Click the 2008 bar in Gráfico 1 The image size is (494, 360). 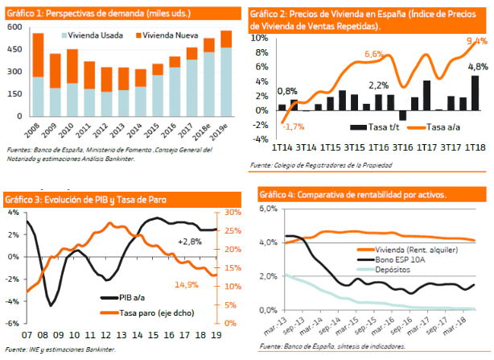coord(38,77)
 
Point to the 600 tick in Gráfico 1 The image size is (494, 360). coord(14,27)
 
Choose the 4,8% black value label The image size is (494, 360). coord(476,66)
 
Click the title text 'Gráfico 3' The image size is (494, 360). coord(24,199)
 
